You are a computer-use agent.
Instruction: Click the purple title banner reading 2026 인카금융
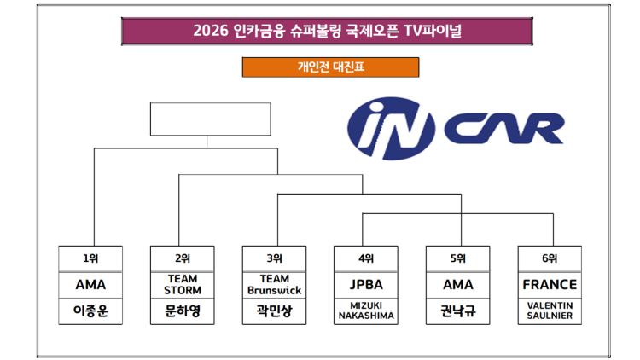327,31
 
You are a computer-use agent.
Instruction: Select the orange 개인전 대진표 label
330,67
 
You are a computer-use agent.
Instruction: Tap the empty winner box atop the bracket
210,119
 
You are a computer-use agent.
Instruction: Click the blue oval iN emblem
391,128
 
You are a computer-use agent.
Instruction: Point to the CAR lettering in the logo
504,129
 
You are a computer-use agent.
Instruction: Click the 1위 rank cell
90,258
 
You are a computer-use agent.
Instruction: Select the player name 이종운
90,311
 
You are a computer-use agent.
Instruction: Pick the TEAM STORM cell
183,285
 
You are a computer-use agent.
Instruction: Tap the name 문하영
183,311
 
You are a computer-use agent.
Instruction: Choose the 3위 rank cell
274,258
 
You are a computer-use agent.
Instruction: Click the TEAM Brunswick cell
274,285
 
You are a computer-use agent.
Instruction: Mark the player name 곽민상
274,311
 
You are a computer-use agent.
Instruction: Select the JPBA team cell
366,285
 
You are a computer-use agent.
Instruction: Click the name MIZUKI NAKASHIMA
366,311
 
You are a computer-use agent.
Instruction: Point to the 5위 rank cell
458,258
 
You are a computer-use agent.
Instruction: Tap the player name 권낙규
458,311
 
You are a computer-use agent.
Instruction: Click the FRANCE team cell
550,285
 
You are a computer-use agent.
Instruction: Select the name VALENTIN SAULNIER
550,311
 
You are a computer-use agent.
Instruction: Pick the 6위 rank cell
550,258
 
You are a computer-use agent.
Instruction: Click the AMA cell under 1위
90,285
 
